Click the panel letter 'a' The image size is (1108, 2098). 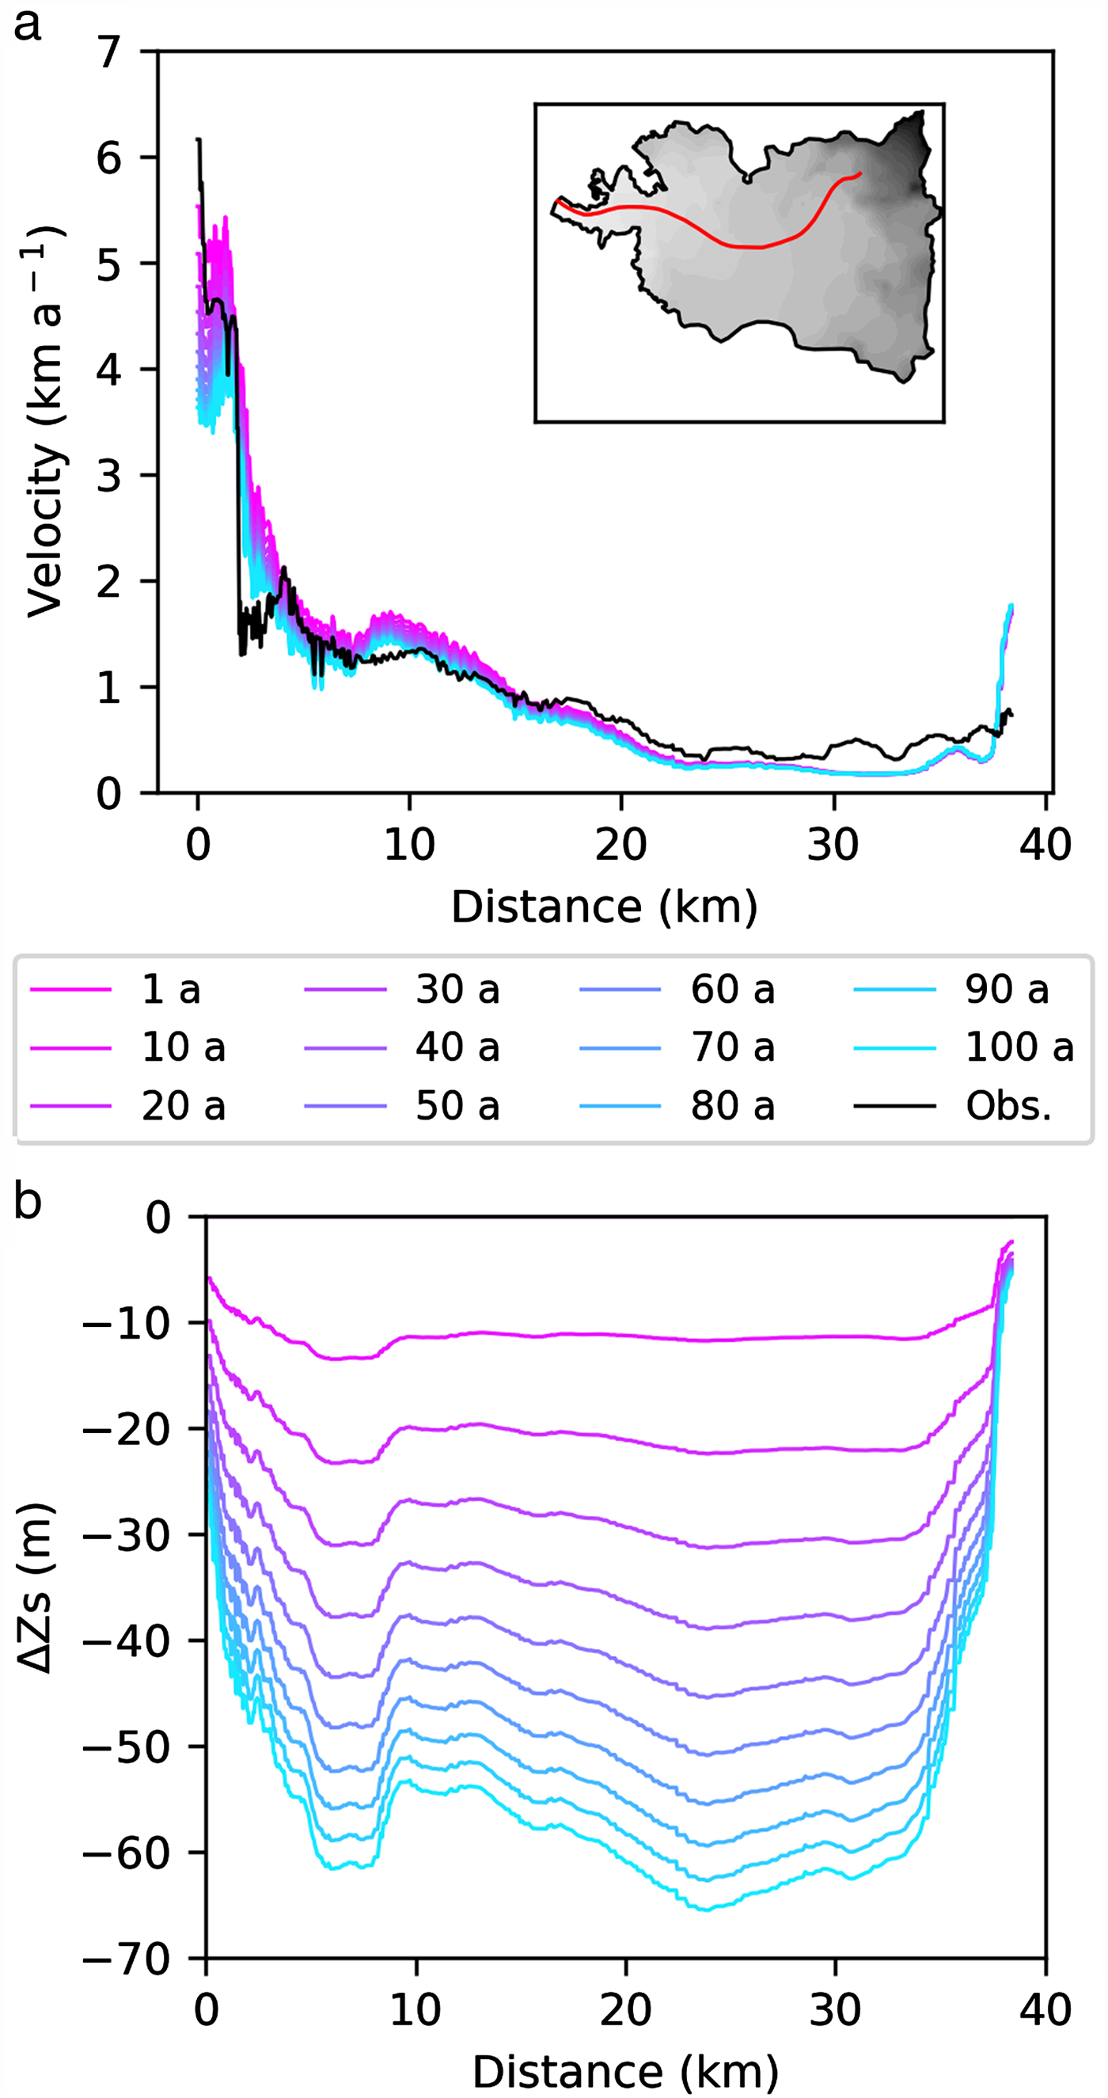(x=27, y=25)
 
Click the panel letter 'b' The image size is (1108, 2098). (x=27, y=1202)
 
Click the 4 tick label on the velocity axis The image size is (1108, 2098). (x=108, y=370)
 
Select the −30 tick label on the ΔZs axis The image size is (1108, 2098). (x=127, y=1536)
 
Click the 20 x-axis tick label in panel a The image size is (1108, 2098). (x=621, y=845)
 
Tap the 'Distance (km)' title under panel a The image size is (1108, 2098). (x=604, y=906)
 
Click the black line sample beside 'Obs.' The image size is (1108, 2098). (x=894, y=1106)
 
